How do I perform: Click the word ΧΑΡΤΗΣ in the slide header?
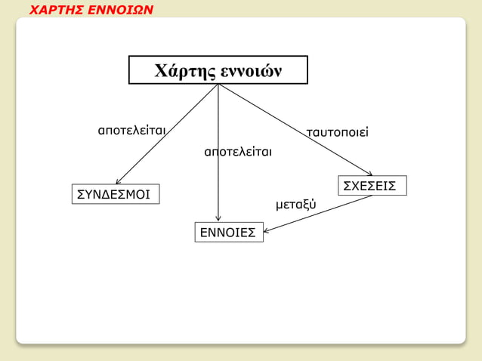pyautogui.click(x=57, y=11)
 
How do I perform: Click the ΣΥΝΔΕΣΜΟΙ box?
pyautogui.click(x=114, y=195)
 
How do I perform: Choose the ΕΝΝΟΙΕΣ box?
pyautogui.click(x=228, y=233)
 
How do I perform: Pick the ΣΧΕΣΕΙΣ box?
pyautogui.click(x=370, y=186)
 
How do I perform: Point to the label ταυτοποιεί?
pyautogui.click(x=336, y=134)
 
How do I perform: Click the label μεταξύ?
pyautogui.click(x=296, y=205)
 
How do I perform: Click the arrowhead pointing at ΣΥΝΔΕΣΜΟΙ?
pyautogui.click(x=118, y=181)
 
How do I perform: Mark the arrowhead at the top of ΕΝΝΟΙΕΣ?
pyautogui.click(x=218, y=220)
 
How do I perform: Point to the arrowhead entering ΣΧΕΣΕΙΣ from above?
pyautogui.click(x=369, y=173)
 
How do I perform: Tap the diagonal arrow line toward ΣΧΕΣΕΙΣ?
pyautogui.click(x=295, y=129)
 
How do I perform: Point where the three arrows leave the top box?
pyautogui.click(x=218, y=85)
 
